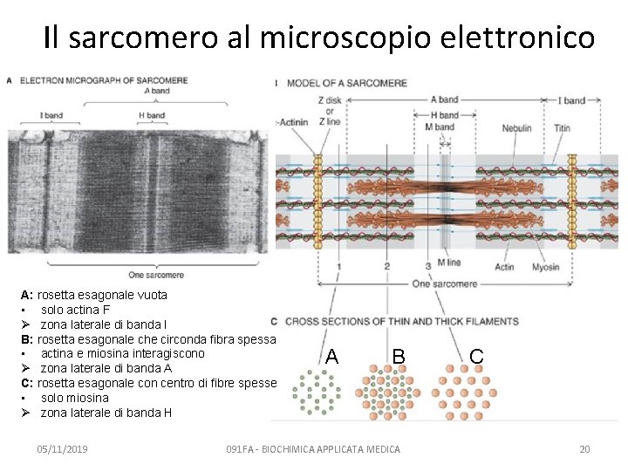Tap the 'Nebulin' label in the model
(x=516, y=128)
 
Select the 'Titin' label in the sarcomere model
(x=562, y=128)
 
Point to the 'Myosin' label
(x=545, y=267)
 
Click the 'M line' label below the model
(x=448, y=263)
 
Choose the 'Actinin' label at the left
(x=293, y=122)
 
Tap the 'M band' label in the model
(x=439, y=126)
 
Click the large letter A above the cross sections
(x=331, y=356)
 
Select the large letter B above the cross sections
(x=398, y=356)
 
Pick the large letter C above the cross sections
(x=476, y=356)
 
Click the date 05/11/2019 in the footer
(x=62, y=449)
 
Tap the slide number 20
(x=584, y=449)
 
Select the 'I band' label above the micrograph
(x=51, y=115)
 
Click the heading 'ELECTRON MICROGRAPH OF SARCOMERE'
(x=103, y=80)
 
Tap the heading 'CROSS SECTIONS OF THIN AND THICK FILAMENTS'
(x=401, y=322)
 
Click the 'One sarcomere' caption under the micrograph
(x=155, y=276)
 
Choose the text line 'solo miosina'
(x=75, y=398)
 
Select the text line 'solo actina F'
(x=75, y=310)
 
